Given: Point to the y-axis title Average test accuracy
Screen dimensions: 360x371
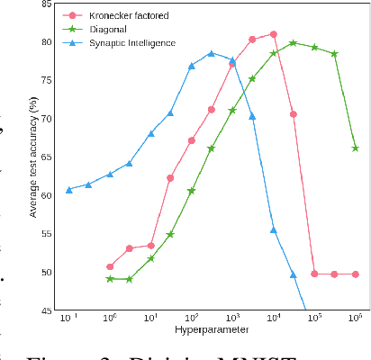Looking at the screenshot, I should coord(33,157).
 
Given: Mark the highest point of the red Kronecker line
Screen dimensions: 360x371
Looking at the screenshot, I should coord(273,34).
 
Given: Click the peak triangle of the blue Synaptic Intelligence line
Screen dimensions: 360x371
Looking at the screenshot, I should coord(212,53).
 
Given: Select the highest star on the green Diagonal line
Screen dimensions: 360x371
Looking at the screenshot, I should coord(294,42).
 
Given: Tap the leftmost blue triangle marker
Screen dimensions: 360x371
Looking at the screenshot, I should coord(68,190).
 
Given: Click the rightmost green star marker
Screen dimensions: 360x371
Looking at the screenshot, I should coord(355,148).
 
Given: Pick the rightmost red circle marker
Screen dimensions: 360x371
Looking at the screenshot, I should coord(355,274).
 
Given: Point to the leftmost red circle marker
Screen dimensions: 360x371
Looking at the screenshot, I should coord(110,266).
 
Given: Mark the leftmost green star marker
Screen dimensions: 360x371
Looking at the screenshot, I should coord(110,279).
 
